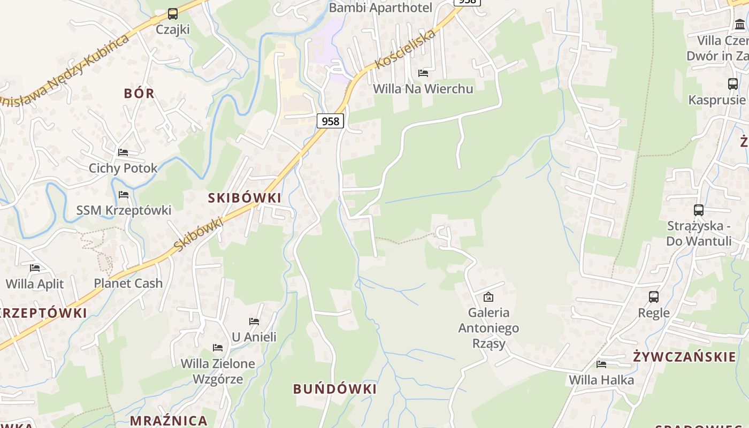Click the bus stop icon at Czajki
point(172,14)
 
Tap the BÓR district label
point(139,93)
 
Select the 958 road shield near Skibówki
point(330,121)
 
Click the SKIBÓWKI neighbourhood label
point(244,198)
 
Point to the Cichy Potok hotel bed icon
point(123,152)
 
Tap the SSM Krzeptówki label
point(124,210)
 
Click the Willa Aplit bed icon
point(35,268)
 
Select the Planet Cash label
point(128,284)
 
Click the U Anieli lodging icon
point(254,322)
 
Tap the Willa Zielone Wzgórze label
point(217,371)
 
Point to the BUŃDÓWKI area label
point(335,389)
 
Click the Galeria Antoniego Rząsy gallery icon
point(488,297)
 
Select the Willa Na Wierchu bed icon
point(423,73)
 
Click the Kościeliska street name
point(406,48)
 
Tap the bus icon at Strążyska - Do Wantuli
point(698,210)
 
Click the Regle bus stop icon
point(653,297)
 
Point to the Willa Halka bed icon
point(601,364)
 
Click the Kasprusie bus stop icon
point(732,84)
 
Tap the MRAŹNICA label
point(169,421)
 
